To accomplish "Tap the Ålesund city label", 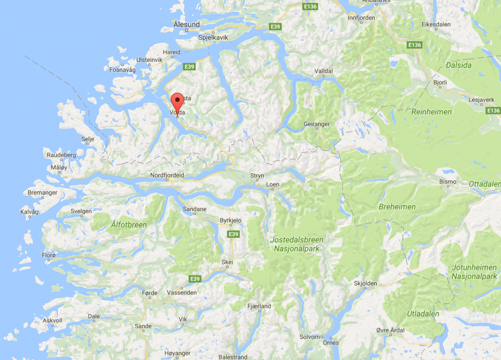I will (187, 24).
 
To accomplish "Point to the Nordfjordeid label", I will (167, 175).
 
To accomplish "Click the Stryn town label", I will (257, 176).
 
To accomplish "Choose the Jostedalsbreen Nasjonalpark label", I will (297, 244).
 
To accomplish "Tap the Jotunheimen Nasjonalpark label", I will (474, 272).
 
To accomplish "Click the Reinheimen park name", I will (432, 112).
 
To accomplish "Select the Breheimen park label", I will (397, 207).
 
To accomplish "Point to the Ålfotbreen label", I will (128, 225).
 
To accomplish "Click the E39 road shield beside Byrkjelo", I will (234, 234).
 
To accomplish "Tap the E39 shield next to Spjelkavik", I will (275, 27).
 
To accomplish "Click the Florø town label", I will (48, 255).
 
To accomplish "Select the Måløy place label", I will (59, 167).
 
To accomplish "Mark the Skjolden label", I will (366, 284).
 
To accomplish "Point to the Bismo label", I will (448, 182).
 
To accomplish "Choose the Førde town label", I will (149, 293).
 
